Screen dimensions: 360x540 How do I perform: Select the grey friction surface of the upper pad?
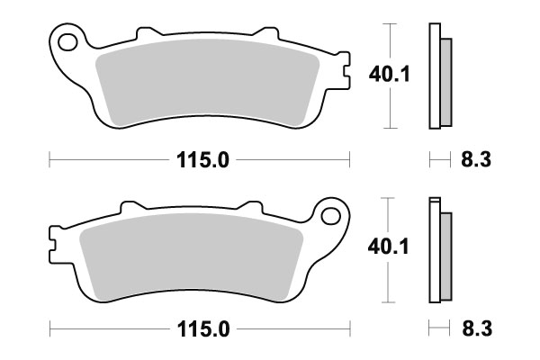[207, 85]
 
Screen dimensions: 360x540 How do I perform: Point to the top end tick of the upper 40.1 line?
[388, 24]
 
